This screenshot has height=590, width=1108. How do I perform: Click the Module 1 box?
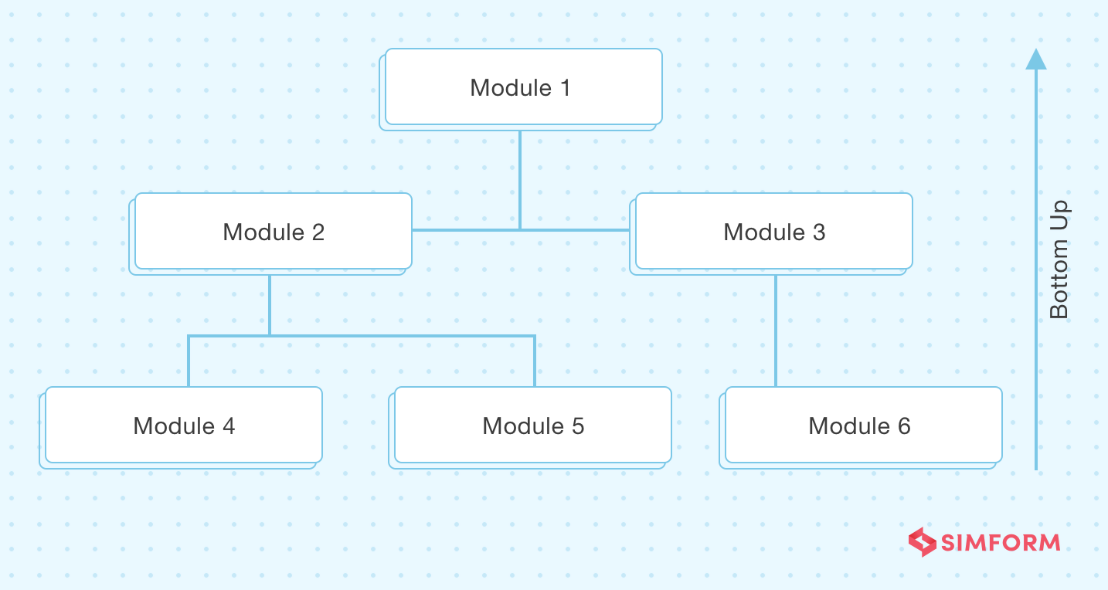(523, 86)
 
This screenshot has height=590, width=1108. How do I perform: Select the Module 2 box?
(273, 231)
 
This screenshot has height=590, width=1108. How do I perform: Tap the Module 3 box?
(773, 231)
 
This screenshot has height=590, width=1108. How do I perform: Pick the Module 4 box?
(183, 425)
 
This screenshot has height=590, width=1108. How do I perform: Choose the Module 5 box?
(532, 425)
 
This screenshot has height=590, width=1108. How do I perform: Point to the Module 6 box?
(863, 425)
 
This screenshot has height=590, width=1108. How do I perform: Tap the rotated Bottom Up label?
(1059, 259)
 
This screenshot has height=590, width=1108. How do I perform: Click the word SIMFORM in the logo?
(1001, 543)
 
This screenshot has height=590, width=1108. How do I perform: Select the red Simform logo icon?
(923, 542)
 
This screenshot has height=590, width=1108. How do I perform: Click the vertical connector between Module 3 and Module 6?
(776, 331)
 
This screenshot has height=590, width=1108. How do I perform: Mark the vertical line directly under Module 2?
(270, 304)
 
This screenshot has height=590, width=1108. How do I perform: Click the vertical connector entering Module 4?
(189, 361)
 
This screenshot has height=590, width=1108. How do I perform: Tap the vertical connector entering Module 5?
(535, 361)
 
